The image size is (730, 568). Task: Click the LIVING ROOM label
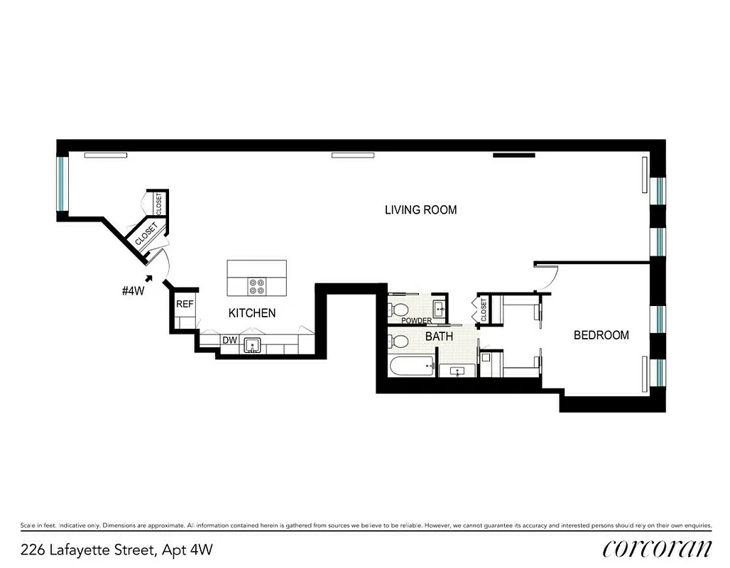tap(420, 210)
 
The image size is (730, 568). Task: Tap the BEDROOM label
tap(601, 335)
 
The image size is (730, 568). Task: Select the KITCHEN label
tap(251, 312)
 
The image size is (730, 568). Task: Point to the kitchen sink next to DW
tap(251, 346)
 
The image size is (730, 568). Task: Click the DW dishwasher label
tap(229, 341)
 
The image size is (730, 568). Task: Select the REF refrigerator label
tap(185, 304)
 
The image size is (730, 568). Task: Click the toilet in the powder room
tap(399, 310)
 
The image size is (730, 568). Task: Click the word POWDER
tap(417, 321)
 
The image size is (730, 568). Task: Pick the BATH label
tap(439, 337)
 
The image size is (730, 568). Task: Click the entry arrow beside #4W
tap(148, 278)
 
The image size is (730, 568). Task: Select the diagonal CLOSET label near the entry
tap(146, 234)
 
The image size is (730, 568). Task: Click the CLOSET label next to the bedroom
tap(484, 310)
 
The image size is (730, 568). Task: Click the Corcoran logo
tap(657, 548)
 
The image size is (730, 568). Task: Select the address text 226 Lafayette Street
tap(116, 549)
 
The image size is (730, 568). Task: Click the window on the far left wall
tap(62, 183)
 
